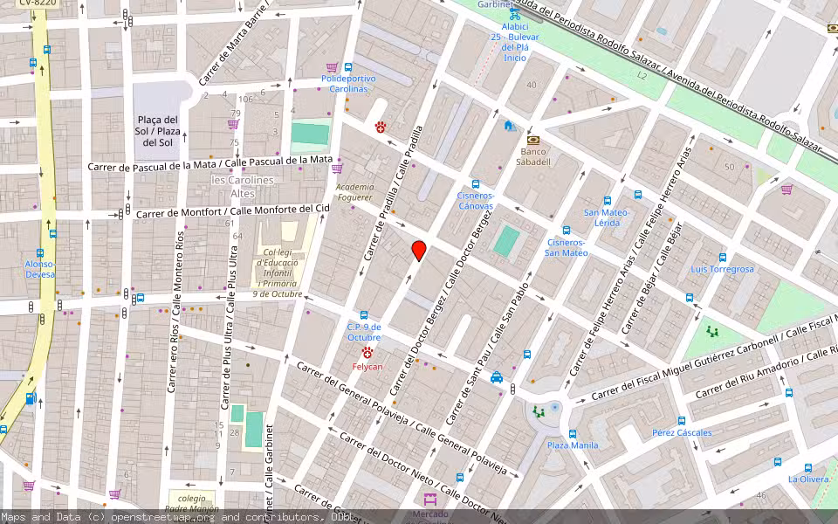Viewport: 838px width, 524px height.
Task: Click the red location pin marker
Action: [x=419, y=251]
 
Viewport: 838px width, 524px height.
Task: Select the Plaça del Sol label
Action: [x=157, y=131]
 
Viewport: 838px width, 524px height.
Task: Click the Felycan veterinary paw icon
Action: [x=367, y=352]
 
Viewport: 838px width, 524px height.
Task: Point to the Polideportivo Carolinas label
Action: [x=348, y=84]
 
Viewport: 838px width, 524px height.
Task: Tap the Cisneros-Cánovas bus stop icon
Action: [x=476, y=184]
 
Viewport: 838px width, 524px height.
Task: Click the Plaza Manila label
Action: [x=573, y=445]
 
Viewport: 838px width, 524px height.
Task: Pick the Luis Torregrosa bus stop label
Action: [x=722, y=269]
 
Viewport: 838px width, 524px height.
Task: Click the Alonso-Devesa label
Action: [x=40, y=269]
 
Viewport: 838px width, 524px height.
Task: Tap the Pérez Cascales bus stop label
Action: [x=682, y=433]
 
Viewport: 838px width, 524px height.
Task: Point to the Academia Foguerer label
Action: [x=355, y=192]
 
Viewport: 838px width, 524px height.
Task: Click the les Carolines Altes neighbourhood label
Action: [x=243, y=186]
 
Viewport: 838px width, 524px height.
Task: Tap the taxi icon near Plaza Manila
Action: [x=497, y=377]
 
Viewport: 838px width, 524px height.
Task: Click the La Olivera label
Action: [x=807, y=479]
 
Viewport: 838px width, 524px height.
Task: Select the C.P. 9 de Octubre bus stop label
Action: [x=364, y=332]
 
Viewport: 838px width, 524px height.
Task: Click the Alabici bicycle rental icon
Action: [x=515, y=15]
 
